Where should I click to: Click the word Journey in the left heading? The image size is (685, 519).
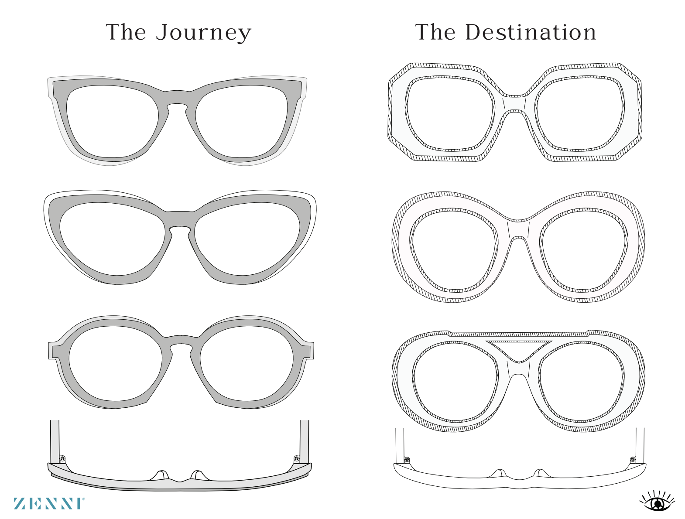(204, 33)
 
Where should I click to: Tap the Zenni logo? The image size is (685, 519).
(49, 503)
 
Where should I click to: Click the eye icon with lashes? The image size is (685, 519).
(658, 502)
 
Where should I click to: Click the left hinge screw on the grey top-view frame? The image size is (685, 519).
(62, 458)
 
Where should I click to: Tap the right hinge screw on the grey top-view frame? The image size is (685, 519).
(297, 458)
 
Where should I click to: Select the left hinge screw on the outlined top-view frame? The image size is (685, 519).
(407, 459)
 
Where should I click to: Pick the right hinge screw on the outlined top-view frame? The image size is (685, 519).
(633, 459)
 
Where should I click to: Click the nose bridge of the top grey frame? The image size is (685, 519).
(177, 97)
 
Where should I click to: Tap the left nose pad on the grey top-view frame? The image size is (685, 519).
(161, 475)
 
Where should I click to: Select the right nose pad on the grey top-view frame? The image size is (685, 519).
(197, 475)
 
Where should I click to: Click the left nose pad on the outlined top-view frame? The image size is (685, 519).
(499, 473)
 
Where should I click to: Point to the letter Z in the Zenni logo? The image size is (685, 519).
(20, 503)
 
